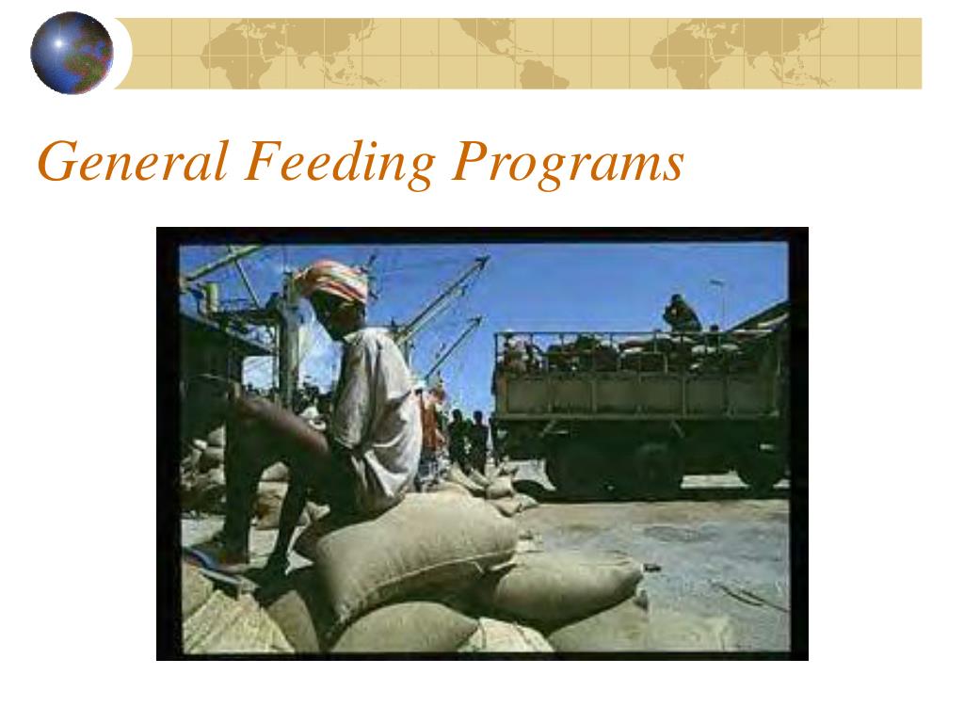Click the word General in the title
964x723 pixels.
(x=133, y=162)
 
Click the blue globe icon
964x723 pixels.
(x=72, y=53)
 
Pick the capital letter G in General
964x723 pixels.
(x=57, y=162)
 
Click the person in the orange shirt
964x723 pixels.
(x=432, y=424)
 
